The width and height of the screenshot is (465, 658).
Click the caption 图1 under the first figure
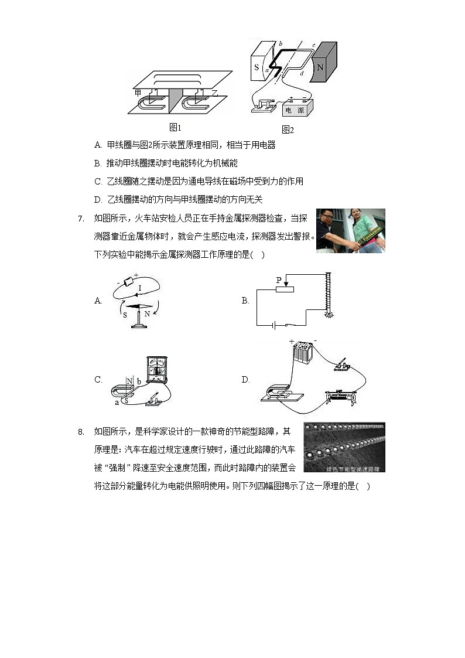(x=175, y=127)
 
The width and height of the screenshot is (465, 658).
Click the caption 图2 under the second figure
(x=287, y=129)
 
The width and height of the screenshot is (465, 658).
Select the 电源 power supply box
(x=298, y=108)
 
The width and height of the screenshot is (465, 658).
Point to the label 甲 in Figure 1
(x=138, y=93)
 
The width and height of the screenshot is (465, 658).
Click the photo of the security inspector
(x=350, y=230)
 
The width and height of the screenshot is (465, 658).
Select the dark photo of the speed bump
(x=344, y=447)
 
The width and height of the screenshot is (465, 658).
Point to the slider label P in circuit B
(x=279, y=280)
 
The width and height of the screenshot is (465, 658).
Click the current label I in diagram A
(x=139, y=288)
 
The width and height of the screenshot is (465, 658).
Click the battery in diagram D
(x=303, y=353)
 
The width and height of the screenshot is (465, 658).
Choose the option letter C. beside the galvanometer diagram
(x=98, y=380)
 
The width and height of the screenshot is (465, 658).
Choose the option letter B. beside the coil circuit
(x=245, y=301)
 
